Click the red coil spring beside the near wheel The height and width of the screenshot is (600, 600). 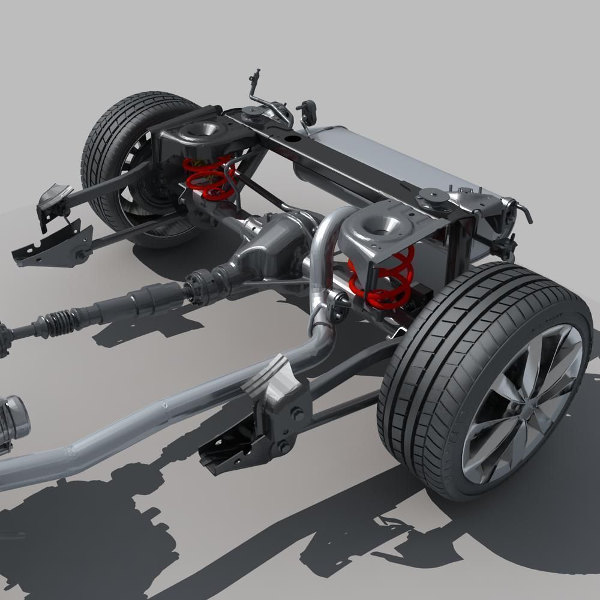(x=382, y=277)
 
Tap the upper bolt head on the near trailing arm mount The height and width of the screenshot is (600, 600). (x=296, y=413)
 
